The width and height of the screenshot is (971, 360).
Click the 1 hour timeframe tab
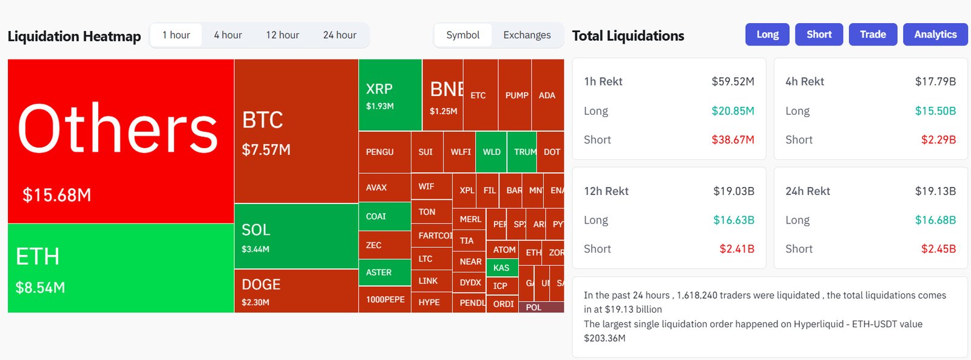(x=176, y=35)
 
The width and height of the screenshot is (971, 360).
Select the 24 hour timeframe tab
(x=339, y=35)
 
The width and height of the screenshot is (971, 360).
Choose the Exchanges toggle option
(x=527, y=35)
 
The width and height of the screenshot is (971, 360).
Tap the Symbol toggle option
(x=462, y=35)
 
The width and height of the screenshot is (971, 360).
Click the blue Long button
(x=767, y=35)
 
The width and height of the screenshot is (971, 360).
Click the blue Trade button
(x=873, y=35)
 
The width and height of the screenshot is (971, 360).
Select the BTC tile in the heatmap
(x=296, y=131)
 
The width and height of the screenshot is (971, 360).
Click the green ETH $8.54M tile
(x=120, y=268)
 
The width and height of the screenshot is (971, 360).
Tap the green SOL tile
(x=296, y=236)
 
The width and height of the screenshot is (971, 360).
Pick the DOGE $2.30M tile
(x=296, y=291)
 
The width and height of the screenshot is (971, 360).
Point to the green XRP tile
(x=390, y=95)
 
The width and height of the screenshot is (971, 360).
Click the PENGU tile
(x=384, y=152)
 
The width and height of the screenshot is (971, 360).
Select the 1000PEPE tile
(x=385, y=299)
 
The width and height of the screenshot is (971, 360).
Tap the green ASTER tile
(x=384, y=273)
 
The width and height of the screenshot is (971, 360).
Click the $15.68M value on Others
(x=57, y=195)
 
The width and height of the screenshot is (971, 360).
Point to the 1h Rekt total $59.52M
(x=732, y=81)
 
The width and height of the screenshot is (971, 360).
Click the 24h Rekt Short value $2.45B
(x=938, y=249)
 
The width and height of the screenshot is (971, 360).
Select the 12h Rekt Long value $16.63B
(x=733, y=220)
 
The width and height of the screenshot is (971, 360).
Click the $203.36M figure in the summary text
(x=604, y=338)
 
